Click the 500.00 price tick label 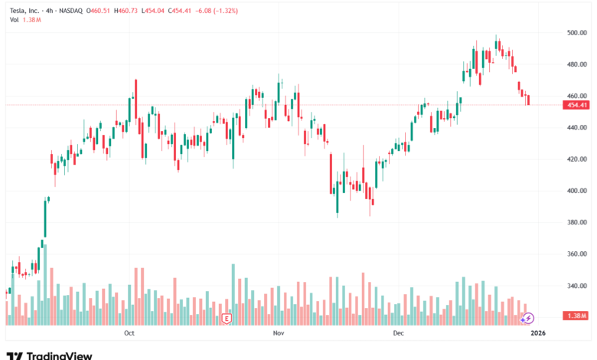[x=577, y=33]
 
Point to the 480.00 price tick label [x=577, y=64]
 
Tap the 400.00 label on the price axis [x=577, y=191]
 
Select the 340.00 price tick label [x=577, y=286]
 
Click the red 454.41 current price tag [x=577, y=105]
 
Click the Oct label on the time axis [x=129, y=333]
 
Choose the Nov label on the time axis [x=279, y=333]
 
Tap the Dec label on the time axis [x=398, y=333]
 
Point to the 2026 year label [x=538, y=333]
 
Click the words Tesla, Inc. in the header [x=25, y=9]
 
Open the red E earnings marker [x=227, y=318]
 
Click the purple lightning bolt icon [x=528, y=318]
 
